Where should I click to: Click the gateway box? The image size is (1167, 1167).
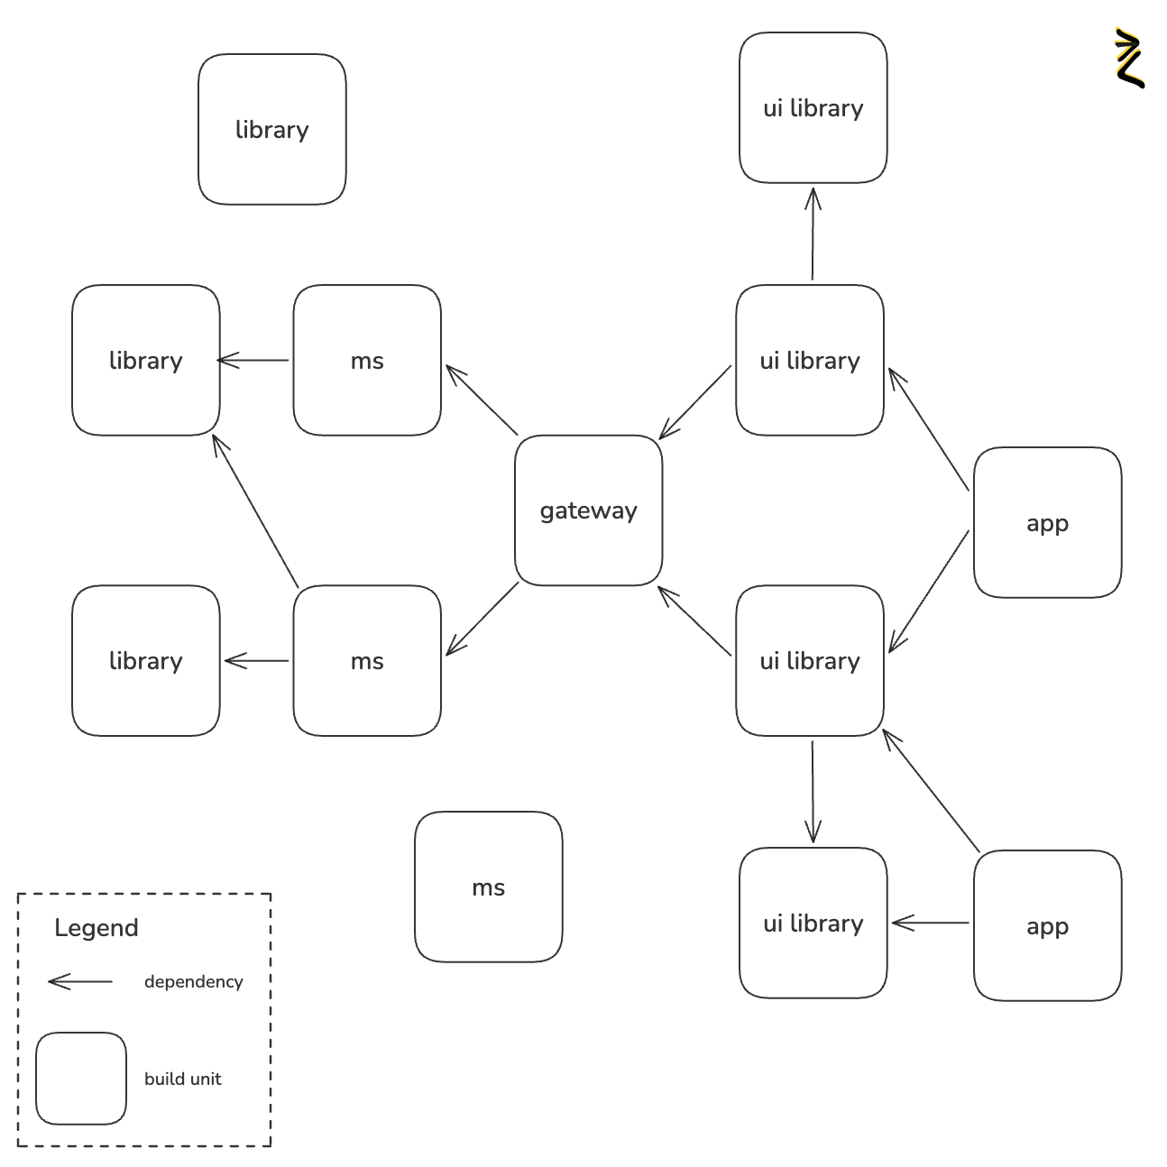point(588,510)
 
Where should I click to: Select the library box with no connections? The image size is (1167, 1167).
point(271,129)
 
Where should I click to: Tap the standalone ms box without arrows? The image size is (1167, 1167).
point(488,887)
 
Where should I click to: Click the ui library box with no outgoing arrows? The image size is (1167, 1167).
point(813,108)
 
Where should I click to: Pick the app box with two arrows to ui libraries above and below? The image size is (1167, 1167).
point(1047,522)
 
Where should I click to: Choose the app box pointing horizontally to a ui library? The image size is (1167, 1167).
point(1047,925)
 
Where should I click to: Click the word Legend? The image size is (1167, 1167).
point(96,927)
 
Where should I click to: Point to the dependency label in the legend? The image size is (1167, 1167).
point(193,981)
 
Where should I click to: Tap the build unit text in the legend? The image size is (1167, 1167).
point(182,1079)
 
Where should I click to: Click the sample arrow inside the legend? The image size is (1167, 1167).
point(80,981)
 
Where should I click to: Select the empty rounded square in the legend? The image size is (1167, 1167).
point(80,1079)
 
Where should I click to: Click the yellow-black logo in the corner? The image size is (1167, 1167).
point(1129,58)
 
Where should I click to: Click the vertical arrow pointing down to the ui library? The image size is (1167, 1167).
point(813,791)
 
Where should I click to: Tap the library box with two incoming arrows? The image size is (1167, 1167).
point(145,360)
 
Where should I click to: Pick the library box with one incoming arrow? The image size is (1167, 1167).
point(145,660)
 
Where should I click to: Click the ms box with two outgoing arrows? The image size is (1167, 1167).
point(367,660)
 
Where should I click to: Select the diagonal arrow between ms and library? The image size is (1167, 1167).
point(255,510)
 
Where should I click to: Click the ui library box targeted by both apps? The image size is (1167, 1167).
point(809,660)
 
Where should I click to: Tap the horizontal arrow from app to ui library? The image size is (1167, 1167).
point(930,923)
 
